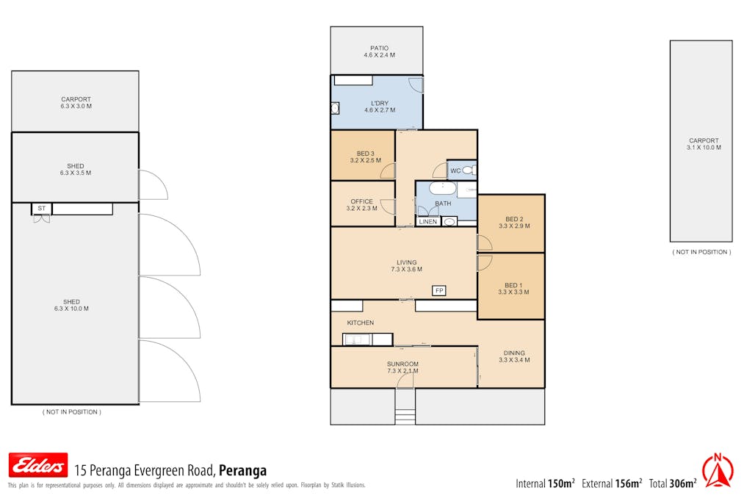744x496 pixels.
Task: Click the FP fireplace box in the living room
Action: [439, 290]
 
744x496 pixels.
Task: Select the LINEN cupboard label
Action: [428, 222]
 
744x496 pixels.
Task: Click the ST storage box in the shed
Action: [42, 209]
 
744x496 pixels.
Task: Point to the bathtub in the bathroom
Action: [443, 188]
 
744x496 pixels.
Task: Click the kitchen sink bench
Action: [368, 339]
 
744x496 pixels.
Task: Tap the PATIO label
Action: [379, 48]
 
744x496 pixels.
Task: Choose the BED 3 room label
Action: [365, 154]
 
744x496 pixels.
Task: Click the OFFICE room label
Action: [361, 201]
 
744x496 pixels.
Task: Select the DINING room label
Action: [514, 353]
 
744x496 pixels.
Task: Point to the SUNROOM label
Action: [402, 364]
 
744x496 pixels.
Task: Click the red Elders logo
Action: [38, 465]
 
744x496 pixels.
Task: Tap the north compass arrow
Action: [718, 471]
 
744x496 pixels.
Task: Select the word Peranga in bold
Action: [242, 470]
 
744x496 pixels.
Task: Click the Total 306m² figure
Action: [673, 484]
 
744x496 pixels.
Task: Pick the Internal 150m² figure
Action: [545, 484]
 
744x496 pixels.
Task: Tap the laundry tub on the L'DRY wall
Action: [335, 109]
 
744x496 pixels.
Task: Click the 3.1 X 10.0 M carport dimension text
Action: [704, 148]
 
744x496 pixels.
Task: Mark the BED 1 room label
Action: [513, 285]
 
